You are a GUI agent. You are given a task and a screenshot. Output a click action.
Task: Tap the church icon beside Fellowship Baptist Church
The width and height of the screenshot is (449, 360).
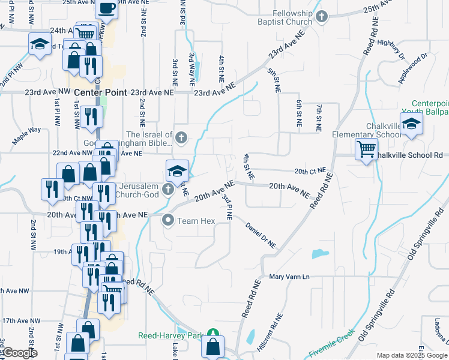[322, 17]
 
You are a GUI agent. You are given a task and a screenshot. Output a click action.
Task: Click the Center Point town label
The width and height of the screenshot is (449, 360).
[101, 93]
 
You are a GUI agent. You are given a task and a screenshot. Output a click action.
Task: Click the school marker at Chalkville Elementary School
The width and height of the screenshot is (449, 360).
[412, 125]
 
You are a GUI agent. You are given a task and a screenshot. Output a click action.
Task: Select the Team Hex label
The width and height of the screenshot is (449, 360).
[196, 221]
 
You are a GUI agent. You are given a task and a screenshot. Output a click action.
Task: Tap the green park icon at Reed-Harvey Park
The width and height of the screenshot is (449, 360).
[212, 334]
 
